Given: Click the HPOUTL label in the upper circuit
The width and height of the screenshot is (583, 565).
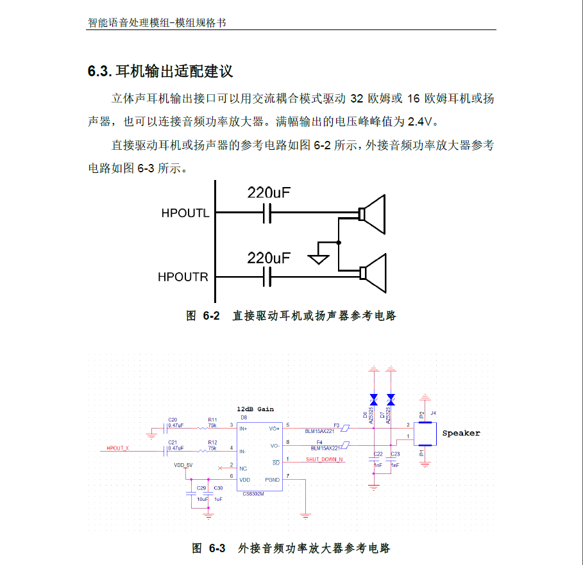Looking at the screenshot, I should pos(185,213).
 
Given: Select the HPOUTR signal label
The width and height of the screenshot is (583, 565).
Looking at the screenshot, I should pos(183,277).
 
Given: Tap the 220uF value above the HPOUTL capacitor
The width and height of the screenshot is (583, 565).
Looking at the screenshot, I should pos(269,192).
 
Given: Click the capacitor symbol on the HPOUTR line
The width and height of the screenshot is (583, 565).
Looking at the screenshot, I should pos(267,277).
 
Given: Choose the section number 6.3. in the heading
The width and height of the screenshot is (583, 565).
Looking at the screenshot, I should pos(100,72).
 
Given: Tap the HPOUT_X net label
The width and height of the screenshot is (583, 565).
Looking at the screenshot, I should pos(118,448).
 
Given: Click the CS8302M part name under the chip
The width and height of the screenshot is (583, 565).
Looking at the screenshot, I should pos(254,494).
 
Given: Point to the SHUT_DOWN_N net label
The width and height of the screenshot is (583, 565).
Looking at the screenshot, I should pos(324,459).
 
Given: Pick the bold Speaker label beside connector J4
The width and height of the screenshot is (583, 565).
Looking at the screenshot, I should pos(461,433).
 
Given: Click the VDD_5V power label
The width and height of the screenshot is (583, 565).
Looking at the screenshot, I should pos(183,465).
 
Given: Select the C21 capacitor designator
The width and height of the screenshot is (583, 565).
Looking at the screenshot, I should pos(172,443).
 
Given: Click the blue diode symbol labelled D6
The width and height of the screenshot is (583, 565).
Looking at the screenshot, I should pos(374,398).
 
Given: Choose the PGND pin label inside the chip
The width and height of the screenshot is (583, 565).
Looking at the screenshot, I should pos(272,480).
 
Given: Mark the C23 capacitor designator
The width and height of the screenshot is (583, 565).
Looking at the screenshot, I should pos(395,454).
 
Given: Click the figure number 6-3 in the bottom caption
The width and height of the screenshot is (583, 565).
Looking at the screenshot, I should pos(218,548).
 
